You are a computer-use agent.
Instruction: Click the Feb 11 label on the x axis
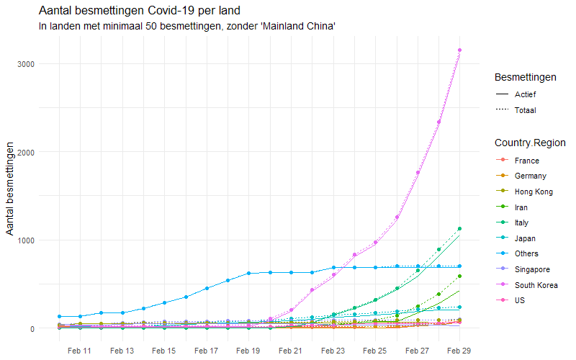[x=79, y=351]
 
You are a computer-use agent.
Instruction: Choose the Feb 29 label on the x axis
[x=460, y=351]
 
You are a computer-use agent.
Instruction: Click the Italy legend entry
[x=523, y=222]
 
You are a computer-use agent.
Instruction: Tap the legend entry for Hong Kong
[x=534, y=192]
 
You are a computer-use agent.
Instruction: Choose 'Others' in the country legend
[x=526, y=253]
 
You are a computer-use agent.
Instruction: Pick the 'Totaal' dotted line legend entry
[x=525, y=110]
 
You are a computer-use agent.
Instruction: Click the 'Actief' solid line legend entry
[x=525, y=94]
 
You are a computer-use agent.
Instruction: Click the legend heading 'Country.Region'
[x=530, y=143]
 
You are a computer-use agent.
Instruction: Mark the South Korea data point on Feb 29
[x=460, y=50]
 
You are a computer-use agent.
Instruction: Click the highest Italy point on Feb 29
[x=460, y=229]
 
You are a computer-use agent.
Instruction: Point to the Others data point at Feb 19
[x=248, y=274]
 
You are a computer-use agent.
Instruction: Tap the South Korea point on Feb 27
[x=418, y=173]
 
